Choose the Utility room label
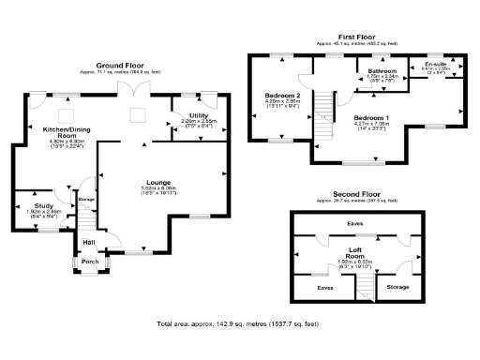coord(198,113)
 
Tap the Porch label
coord(90,262)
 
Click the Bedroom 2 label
coord(282,96)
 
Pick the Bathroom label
coord(382,70)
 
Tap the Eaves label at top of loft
coord(354,224)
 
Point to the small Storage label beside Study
coord(86,200)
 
